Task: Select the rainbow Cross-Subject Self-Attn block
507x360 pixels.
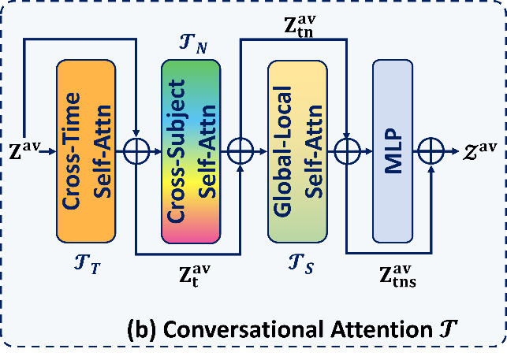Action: (x=190, y=151)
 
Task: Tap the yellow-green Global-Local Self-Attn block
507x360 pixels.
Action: (x=296, y=151)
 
